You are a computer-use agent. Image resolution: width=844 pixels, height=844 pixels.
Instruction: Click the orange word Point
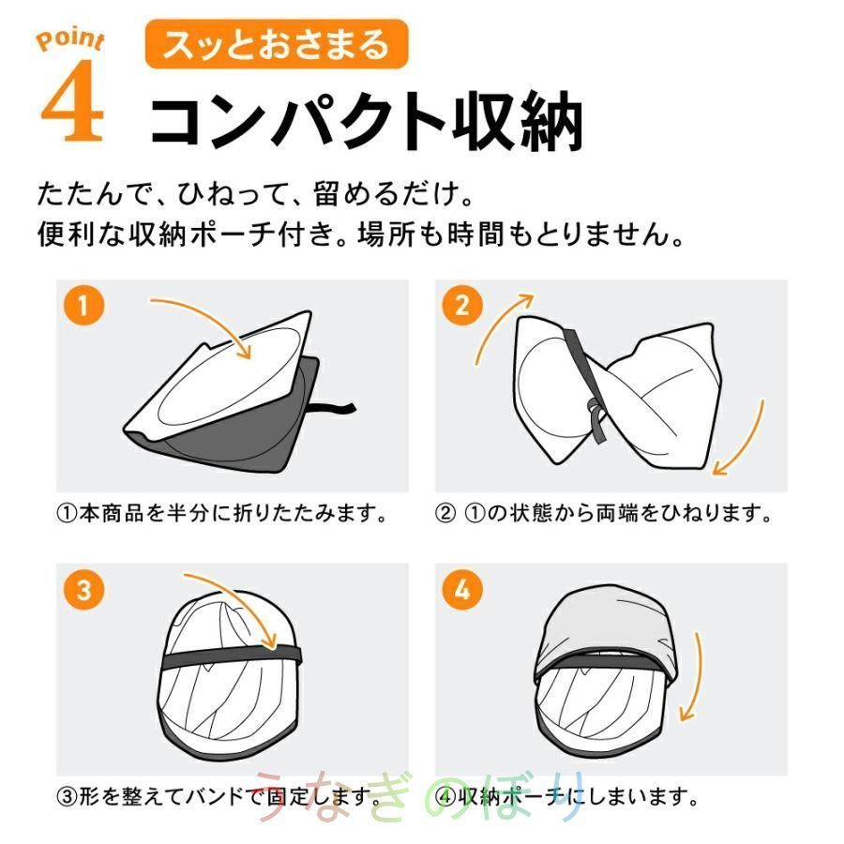[x=70, y=41]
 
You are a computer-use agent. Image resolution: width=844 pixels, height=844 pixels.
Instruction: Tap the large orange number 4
[x=71, y=100]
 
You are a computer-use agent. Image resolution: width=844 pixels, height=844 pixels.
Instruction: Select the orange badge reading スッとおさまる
[x=277, y=44]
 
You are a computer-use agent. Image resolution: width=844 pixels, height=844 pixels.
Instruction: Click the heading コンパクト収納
[x=366, y=119]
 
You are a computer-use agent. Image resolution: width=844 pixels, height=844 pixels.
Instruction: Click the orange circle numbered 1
[x=83, y=305]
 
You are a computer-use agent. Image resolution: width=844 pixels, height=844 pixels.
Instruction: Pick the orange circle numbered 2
[x=462, y=305]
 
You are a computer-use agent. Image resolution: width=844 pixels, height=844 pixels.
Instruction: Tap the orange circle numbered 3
[x=83, y=590]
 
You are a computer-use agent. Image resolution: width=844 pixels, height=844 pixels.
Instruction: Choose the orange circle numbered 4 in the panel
[x=462, y=590]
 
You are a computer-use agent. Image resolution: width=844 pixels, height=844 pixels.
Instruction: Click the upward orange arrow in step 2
[x=495, y=323]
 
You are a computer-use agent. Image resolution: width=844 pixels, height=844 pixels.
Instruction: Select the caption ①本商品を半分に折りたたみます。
[x=221, y=514]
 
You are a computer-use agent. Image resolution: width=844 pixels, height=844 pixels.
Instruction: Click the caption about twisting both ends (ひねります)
[x=604, y=514]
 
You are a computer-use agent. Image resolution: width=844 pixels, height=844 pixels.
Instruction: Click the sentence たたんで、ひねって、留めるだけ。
[x=256, y=194]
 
